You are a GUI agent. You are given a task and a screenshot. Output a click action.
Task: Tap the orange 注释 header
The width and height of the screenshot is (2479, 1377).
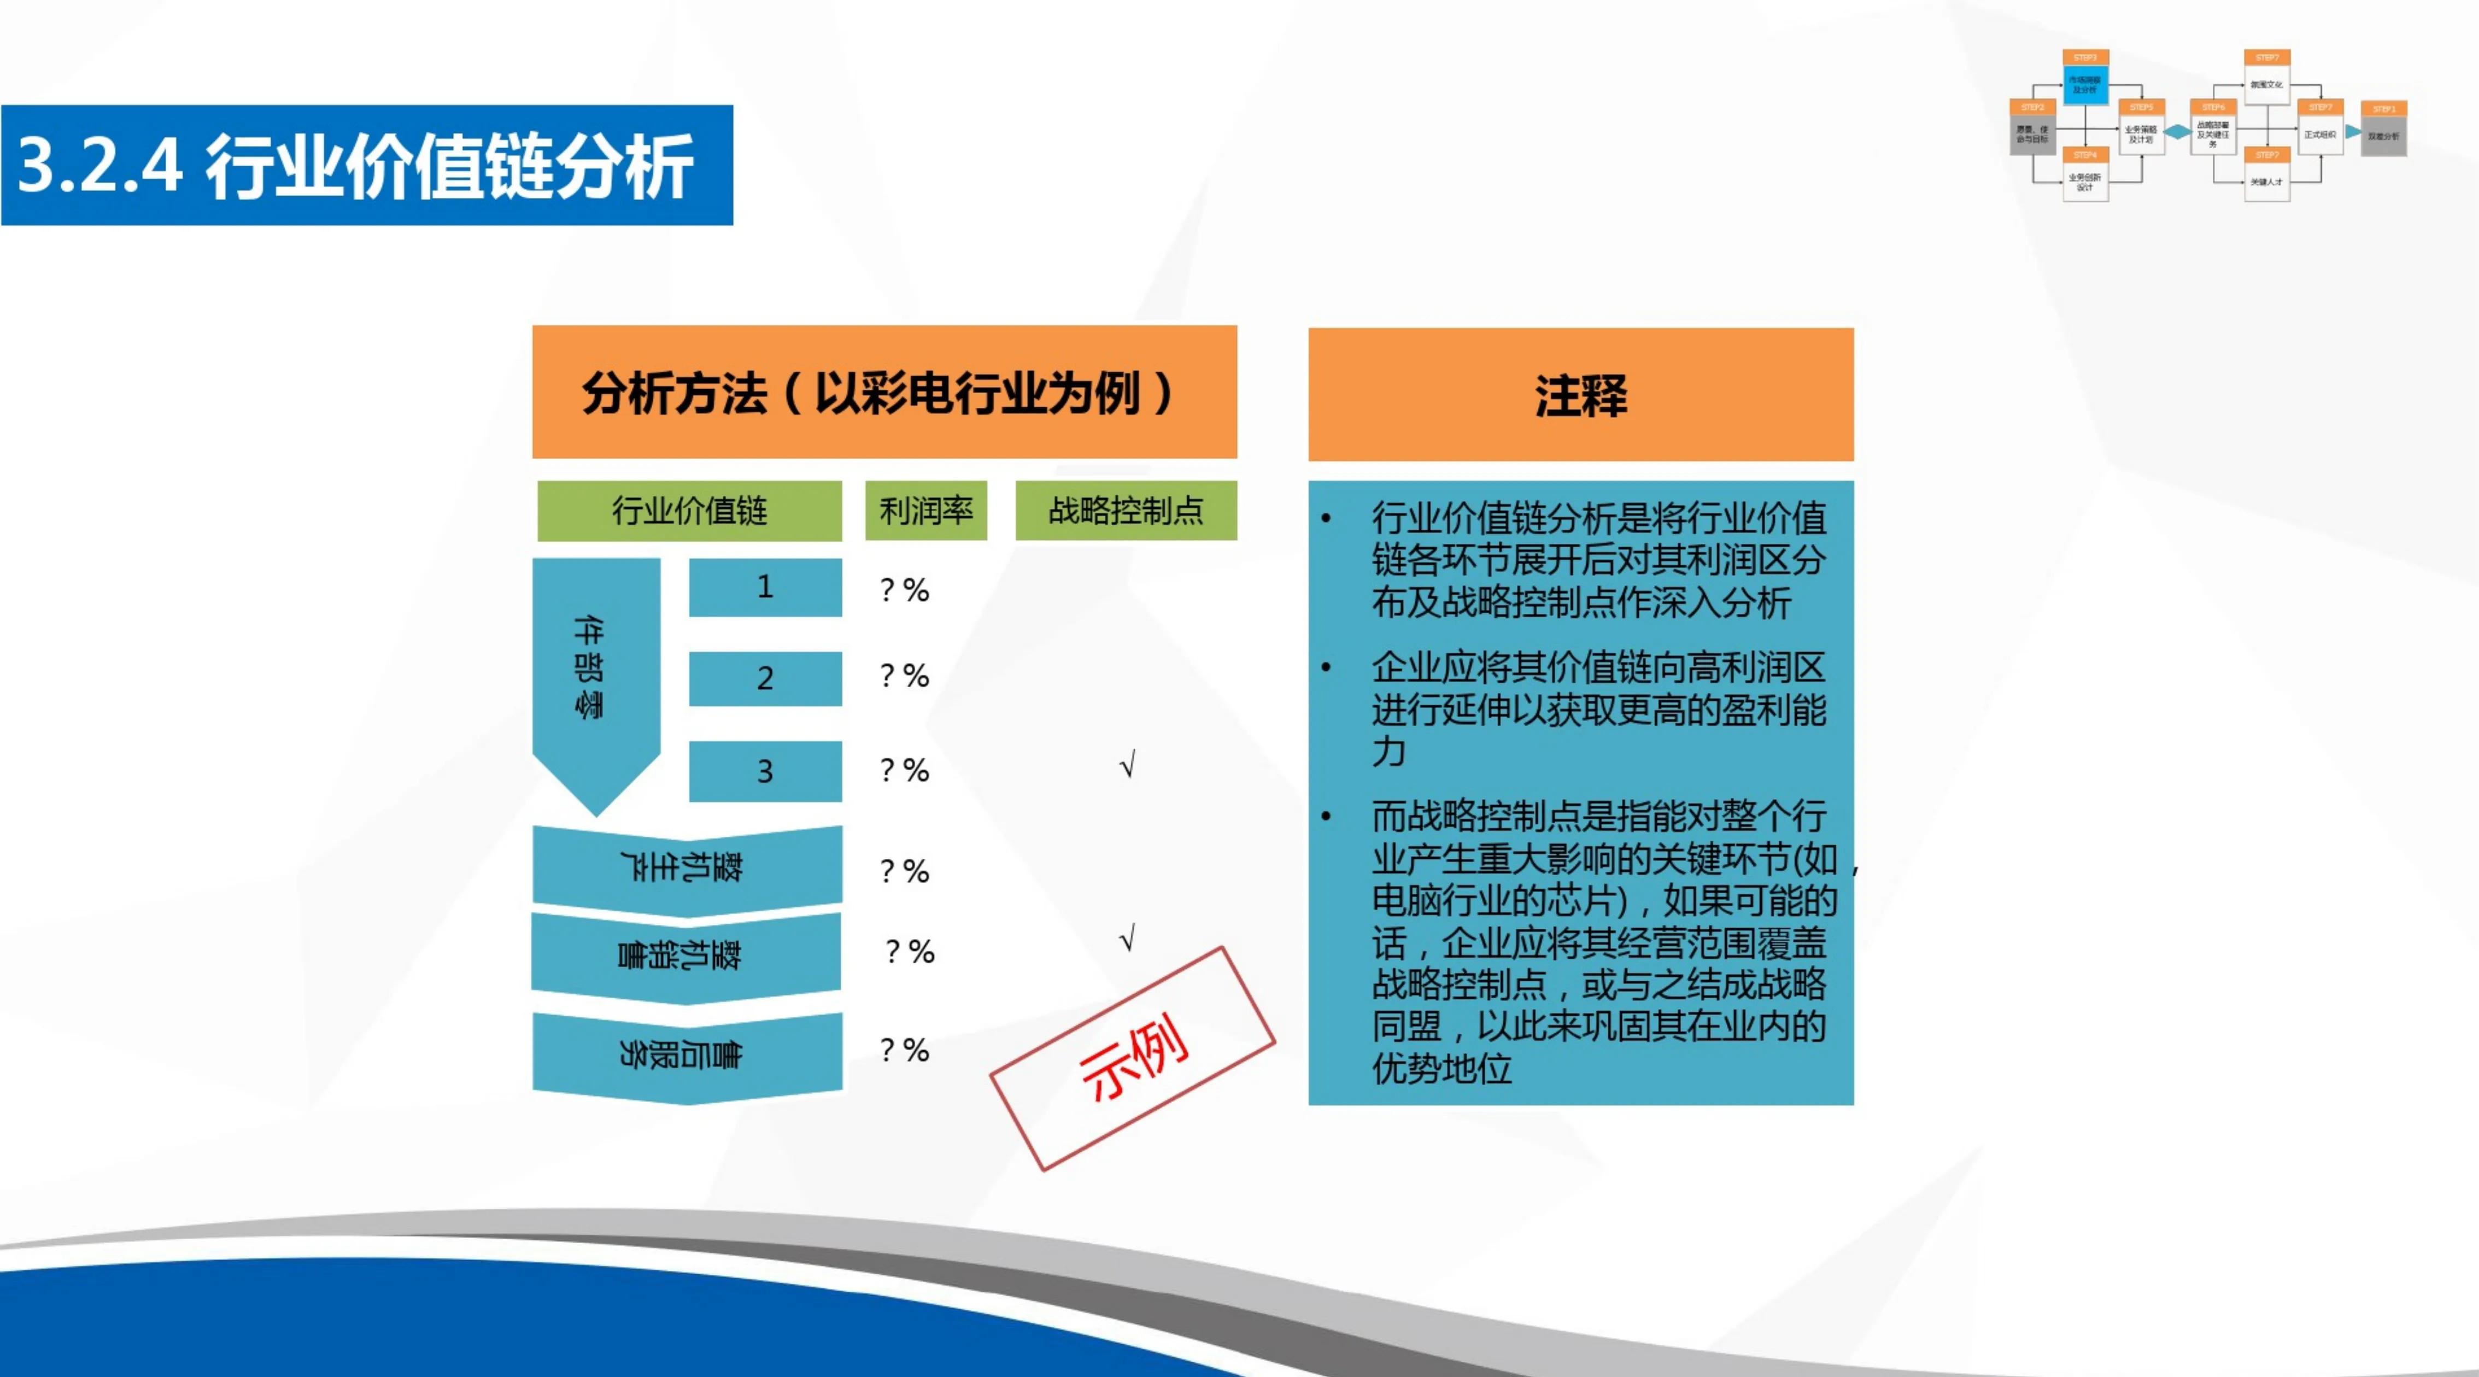[1580, 395]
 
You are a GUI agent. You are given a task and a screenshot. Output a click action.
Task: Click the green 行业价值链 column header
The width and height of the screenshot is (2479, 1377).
[689, 510]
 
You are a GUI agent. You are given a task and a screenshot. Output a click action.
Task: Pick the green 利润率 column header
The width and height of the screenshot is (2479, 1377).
[926, 510]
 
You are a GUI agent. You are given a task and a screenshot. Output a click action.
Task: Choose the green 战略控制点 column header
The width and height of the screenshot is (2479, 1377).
[1126, 510]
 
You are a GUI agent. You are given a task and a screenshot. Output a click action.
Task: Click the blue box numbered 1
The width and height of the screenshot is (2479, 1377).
[765, 587]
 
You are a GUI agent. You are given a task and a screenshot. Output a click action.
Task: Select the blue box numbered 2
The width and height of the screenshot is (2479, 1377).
[765, 678]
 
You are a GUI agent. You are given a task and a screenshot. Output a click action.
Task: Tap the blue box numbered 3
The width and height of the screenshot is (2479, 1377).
[765, 771]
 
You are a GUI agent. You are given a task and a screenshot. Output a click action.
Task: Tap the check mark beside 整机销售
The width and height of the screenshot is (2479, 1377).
[1128, 937]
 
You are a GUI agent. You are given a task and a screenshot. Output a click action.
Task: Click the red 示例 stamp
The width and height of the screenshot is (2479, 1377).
[1133, 1058]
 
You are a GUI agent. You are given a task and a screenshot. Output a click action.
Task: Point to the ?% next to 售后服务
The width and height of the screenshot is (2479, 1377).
[905, 1050]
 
